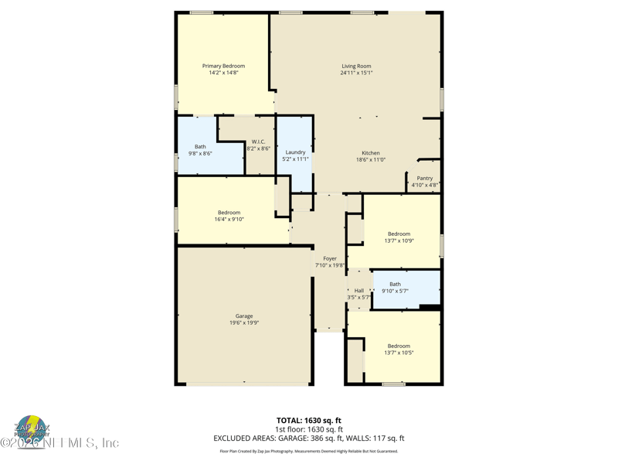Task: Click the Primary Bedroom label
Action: click(x=223, y=67)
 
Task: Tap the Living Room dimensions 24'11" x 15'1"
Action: click(x=357, y=73)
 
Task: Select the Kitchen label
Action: click(x=371, y=153)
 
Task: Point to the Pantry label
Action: click(x=425, y=179)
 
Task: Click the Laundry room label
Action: click(x=295, y=152)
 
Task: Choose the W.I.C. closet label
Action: click(x=258, y=142)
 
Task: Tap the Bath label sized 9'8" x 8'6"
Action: click(x=200, y=147)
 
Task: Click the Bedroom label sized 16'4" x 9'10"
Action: click(x=229, y=213)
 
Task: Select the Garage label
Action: click(x=244, y=316)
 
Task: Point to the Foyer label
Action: click(x=330, y=259)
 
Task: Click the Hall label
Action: click(x=359, y=291)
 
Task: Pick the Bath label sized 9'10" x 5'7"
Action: click(x=396, y=285)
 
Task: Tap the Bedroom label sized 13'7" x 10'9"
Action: click(x=399, y=234)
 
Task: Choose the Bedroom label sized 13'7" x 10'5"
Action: click(x=399, y=346)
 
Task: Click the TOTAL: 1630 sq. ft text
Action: click(x=309, y=421)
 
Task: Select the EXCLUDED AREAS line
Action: click(x=309, y=438)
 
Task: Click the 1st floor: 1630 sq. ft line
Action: click(x=309, y=429)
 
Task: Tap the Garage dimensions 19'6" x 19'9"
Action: click(x=244, y=323)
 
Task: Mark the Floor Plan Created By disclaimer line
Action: click(x=309, y=451)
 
